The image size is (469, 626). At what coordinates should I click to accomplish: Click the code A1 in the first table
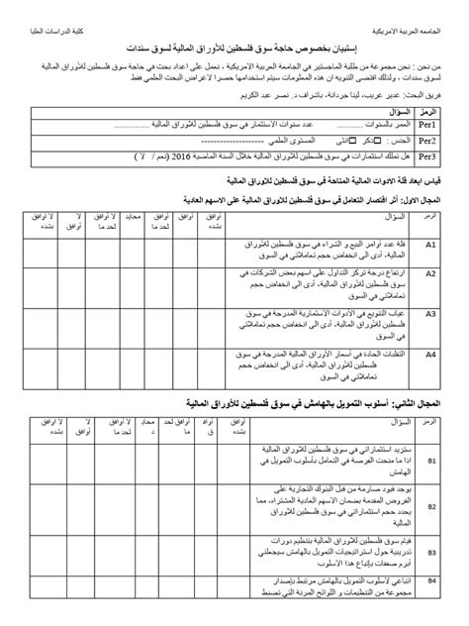point(431,246)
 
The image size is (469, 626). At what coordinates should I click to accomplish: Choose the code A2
point(431,279)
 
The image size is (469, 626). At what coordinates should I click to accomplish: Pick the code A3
point(431,313)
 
